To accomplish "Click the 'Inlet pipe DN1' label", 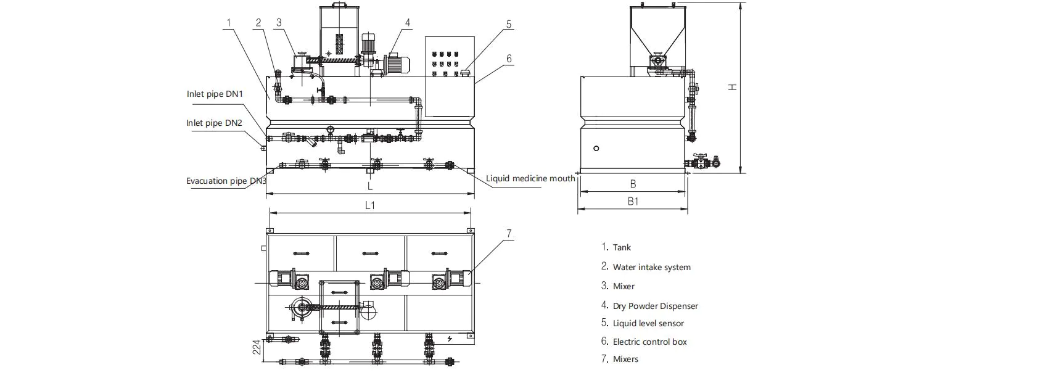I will [x=215, y=94].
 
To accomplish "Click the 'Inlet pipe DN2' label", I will [x=214, y=123].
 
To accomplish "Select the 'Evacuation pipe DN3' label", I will [x=226, y=181].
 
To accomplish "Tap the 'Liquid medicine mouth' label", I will [x=530, y=179].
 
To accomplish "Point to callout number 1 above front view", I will [x=228, y=23].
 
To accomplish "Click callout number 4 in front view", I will [x=408, y=23].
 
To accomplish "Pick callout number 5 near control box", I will [x=509, y=25].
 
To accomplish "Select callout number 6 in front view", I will [x=509, y=59].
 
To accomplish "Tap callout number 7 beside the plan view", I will [x=509, y=234].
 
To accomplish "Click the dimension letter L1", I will [x=370, y=205].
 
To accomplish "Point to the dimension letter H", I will [x=732, y=87].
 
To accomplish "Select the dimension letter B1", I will [x=633, y=202].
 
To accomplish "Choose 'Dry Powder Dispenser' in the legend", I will [x=655, y=306].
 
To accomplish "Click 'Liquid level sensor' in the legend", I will [x=648, y=324].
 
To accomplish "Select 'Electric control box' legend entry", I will [x=649, y=342].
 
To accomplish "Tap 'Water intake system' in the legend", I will [x=651, y=268].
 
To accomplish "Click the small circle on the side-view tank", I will [x=596, y=149].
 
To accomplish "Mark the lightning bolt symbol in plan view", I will [x=450, y=339].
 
